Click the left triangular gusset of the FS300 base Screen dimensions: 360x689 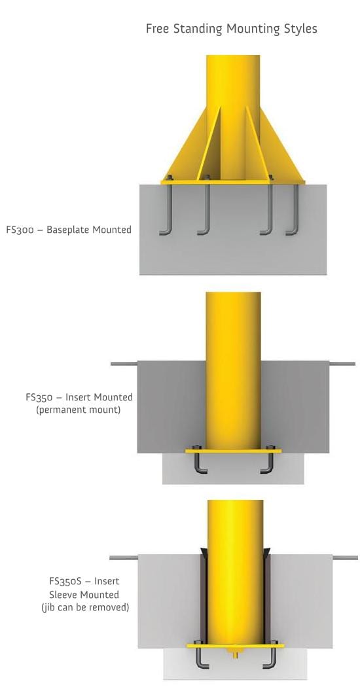tap(185, 145)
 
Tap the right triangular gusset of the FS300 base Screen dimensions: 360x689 tap(281, 145)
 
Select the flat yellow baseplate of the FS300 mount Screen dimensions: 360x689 tap(233, 181)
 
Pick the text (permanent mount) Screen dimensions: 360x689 tap(79, 411)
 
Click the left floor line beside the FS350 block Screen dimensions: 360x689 tap(124, 364)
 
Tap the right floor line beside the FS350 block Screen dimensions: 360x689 tap(342, 364)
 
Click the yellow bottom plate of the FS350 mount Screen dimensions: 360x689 tap(233, 451)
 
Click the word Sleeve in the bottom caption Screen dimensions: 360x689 tap(63, 595)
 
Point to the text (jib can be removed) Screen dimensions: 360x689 tap(85, 608)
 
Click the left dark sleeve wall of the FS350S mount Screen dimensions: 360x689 tap(204, 597)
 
